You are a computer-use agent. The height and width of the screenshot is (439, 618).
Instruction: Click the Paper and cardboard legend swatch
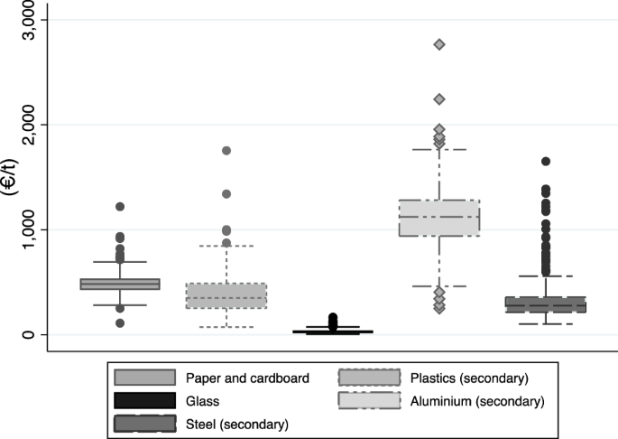(144, 378)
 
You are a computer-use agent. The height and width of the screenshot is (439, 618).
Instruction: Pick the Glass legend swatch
(144, 399)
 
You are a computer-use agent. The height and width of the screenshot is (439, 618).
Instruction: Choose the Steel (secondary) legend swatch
(144, 421)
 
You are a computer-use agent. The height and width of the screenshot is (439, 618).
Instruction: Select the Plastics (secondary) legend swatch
(370, 378)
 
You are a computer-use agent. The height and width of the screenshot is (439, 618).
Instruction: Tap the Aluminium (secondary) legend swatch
(370, 399)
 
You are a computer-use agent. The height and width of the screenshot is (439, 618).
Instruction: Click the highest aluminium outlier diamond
(439, 44)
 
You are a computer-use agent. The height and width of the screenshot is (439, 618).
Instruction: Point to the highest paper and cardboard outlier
(120, 207)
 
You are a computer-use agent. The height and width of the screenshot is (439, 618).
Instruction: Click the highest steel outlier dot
(546, 162)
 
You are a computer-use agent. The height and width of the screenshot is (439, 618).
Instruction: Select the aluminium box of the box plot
(439, 218)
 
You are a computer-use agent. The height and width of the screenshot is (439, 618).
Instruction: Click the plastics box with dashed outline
(226, 295)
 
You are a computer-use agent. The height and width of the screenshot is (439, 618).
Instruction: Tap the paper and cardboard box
(120, 284)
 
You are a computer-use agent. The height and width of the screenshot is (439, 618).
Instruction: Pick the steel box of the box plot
(546, 304)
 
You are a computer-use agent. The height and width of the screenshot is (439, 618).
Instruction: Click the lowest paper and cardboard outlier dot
(120, 322)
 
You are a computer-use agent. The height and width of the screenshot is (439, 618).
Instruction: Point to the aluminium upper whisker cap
(439, 149)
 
